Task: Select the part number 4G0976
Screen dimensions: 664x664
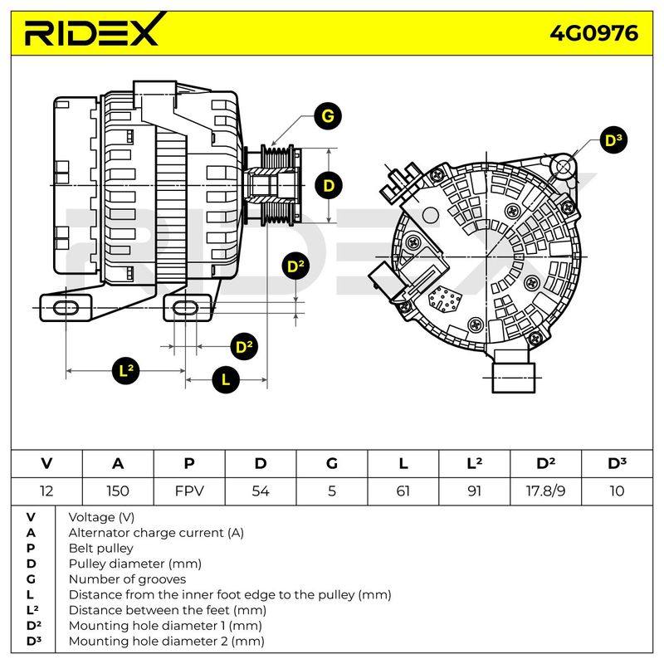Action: point(593,33)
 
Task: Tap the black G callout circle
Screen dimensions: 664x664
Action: point(328,115)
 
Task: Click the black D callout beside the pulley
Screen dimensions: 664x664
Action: point(329,185)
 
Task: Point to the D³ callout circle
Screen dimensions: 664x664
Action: point(613,140)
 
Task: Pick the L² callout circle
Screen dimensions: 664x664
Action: point(126,370)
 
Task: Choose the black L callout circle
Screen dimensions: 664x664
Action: point(226,379)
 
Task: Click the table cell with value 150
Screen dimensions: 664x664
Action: point(118,491)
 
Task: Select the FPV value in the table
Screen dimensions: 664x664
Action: point(189,491)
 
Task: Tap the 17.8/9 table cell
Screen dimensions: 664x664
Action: point(545,491)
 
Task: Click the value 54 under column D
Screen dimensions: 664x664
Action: point(261,491)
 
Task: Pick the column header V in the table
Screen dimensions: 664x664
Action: point(46,463)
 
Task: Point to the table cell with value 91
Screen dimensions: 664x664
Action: point(474,491)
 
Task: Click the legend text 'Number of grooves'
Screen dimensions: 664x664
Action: point(127,579)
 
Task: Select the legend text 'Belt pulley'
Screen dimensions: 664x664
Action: point(100,548)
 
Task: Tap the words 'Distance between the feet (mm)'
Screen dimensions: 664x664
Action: point(168,610)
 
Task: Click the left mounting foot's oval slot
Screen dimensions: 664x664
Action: point(66,308)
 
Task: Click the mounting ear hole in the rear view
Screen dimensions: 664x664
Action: point(563,167)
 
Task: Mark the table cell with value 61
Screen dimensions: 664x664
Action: point(403,491)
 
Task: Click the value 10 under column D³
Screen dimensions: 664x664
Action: point(617,491)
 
